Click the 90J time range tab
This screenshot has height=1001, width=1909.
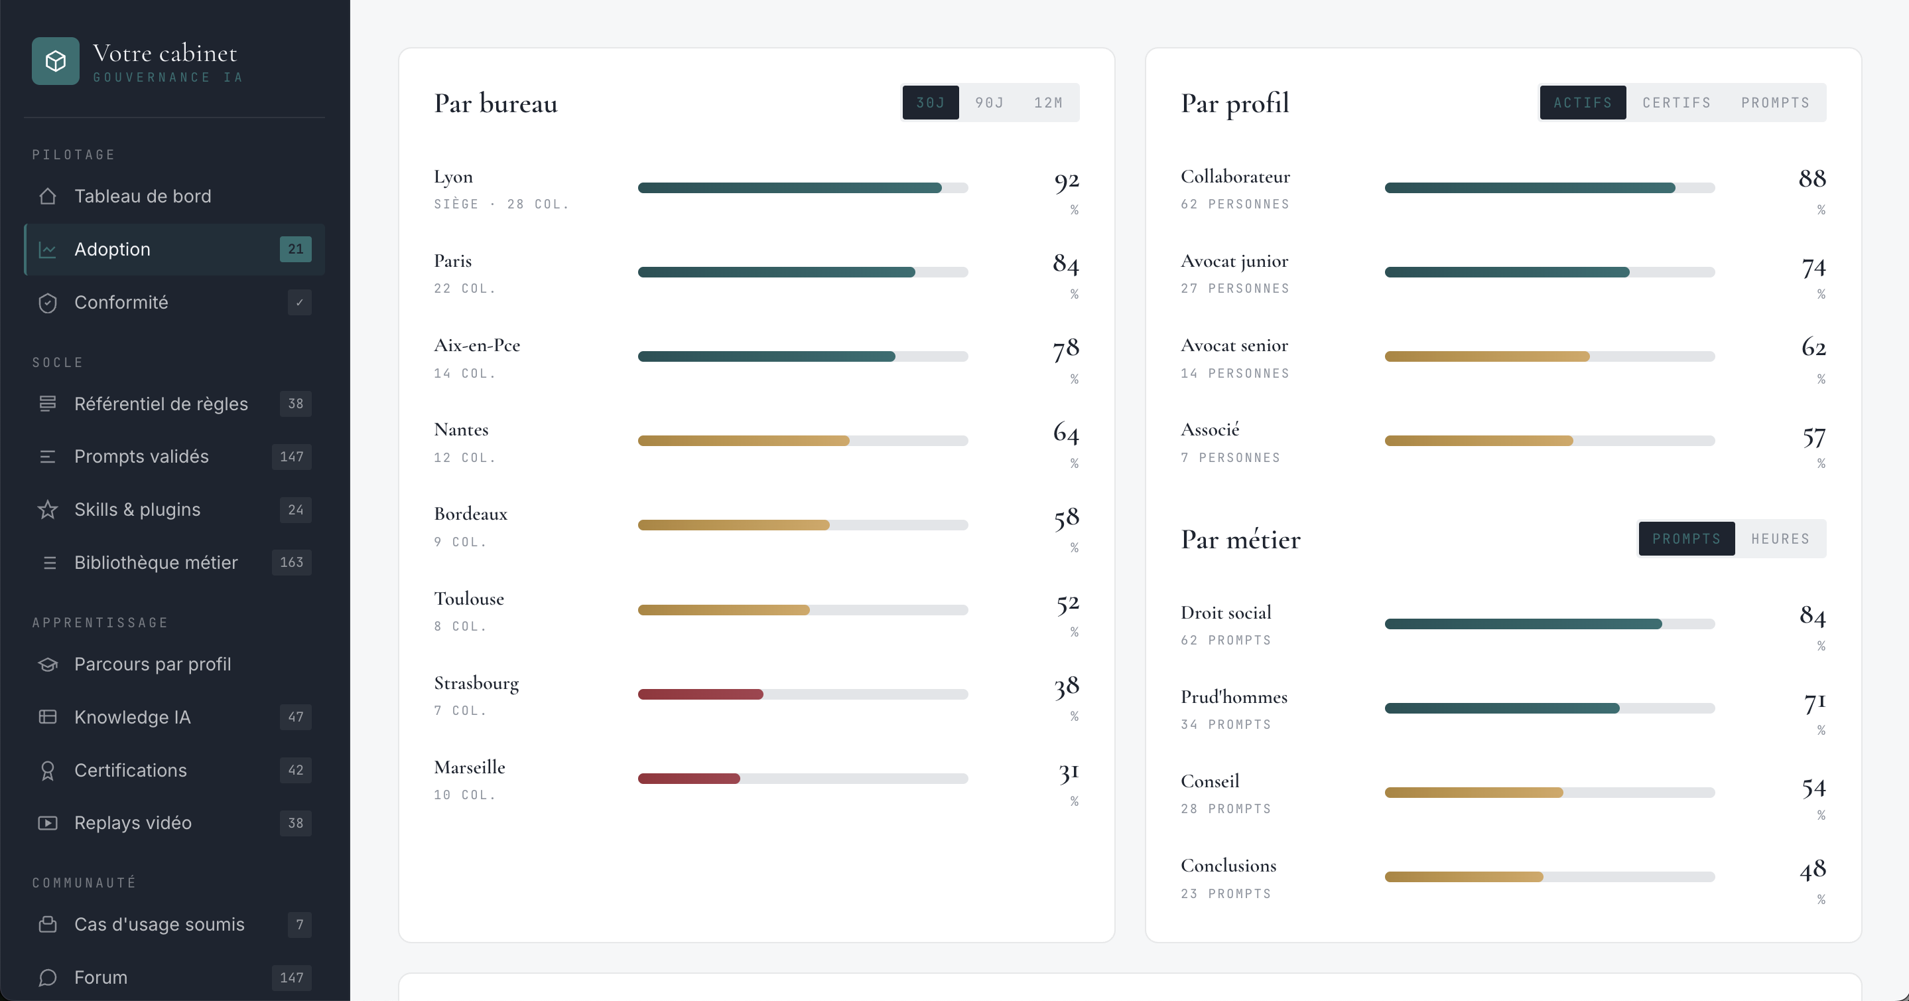(x=990, y=102)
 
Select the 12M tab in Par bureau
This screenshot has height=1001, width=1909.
(x=1048, y=102)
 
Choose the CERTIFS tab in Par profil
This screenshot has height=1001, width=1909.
(x=1676, y=102)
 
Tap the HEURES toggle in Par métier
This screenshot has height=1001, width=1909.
(x=1780, y=539)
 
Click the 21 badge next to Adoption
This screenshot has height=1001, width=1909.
(x=296, y=249)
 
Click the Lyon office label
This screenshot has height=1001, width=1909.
(x=453, y=177)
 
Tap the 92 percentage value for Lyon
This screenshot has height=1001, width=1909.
(x=1067, y=181)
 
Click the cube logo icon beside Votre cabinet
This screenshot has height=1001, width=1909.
(x=56, y=61)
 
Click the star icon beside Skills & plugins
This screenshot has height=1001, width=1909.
(x=48, y=509)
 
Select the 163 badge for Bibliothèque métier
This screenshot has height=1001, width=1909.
(x=291, y=563)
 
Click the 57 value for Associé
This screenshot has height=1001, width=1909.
(x=1813, y=437)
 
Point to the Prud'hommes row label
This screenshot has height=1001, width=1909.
(x=1234, y=697)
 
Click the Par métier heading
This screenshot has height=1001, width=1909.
(x=1240, y=539)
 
